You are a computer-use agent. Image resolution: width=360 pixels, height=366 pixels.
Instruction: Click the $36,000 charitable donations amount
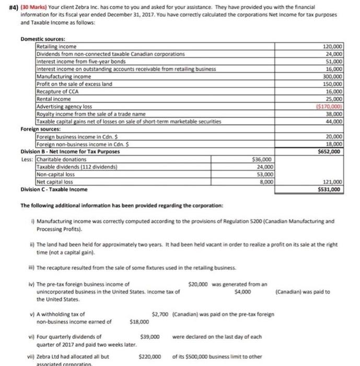coord(262,159)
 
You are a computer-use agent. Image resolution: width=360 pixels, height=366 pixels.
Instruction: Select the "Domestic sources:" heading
coord(43,40)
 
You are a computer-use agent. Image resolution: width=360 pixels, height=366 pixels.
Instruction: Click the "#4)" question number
coord(7,8)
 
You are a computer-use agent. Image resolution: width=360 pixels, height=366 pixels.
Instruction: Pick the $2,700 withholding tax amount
coord(160,314)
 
